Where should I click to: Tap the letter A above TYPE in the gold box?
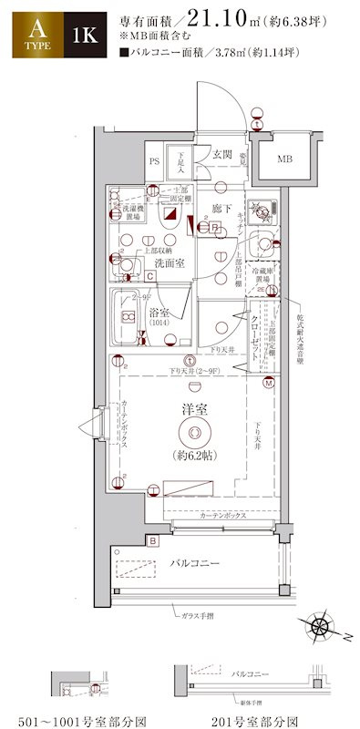[x=25, y=29]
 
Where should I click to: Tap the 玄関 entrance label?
[x=222, y=154]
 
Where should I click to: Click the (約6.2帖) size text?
[x=193, y=455]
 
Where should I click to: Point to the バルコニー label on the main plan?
[x=195, y=564]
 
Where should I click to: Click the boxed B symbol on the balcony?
[x=154, y=541]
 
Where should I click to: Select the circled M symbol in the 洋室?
[x=269, y=384]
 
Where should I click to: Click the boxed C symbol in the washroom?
[x=149, y=275]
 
